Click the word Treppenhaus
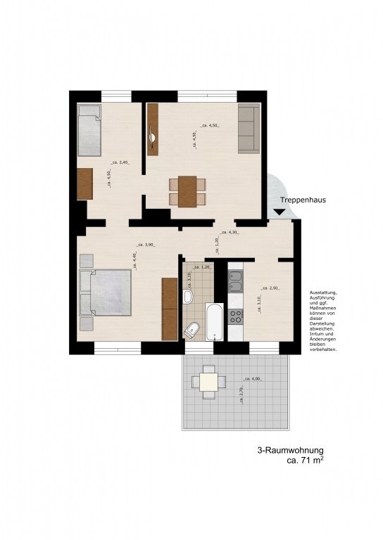303,200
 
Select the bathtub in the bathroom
215,323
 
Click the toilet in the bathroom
192,328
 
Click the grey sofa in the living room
249,129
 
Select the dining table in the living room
187,191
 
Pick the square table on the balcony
209,382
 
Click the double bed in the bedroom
106,292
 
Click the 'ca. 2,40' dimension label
120,162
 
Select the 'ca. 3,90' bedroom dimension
146,245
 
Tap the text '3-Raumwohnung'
291,451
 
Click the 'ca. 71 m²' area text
304,462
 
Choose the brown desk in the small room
85,184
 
